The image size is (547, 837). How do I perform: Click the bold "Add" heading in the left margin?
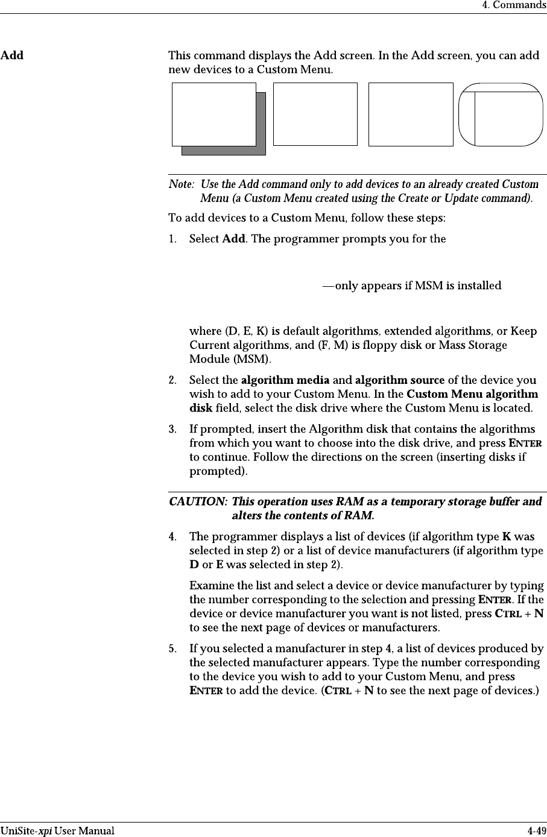coord(12,56)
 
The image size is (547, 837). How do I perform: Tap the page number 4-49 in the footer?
coord(534,831)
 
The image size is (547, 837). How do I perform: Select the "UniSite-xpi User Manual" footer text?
coord(57,831)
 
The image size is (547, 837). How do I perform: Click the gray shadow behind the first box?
coord(261,150)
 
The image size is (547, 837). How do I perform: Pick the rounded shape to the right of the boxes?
coord(500,114)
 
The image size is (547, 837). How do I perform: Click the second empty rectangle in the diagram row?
coord(315,114)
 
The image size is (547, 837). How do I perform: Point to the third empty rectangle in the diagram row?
coord(411,114)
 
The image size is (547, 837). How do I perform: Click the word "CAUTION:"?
coord(198,501)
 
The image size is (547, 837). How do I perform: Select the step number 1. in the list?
coord(174,239)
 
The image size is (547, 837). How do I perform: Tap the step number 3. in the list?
coord(172,429)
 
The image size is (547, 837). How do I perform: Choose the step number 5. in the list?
coord(172,649)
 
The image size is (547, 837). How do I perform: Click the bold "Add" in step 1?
coord(233,239)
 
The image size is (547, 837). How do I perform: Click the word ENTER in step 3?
coord(525,444)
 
